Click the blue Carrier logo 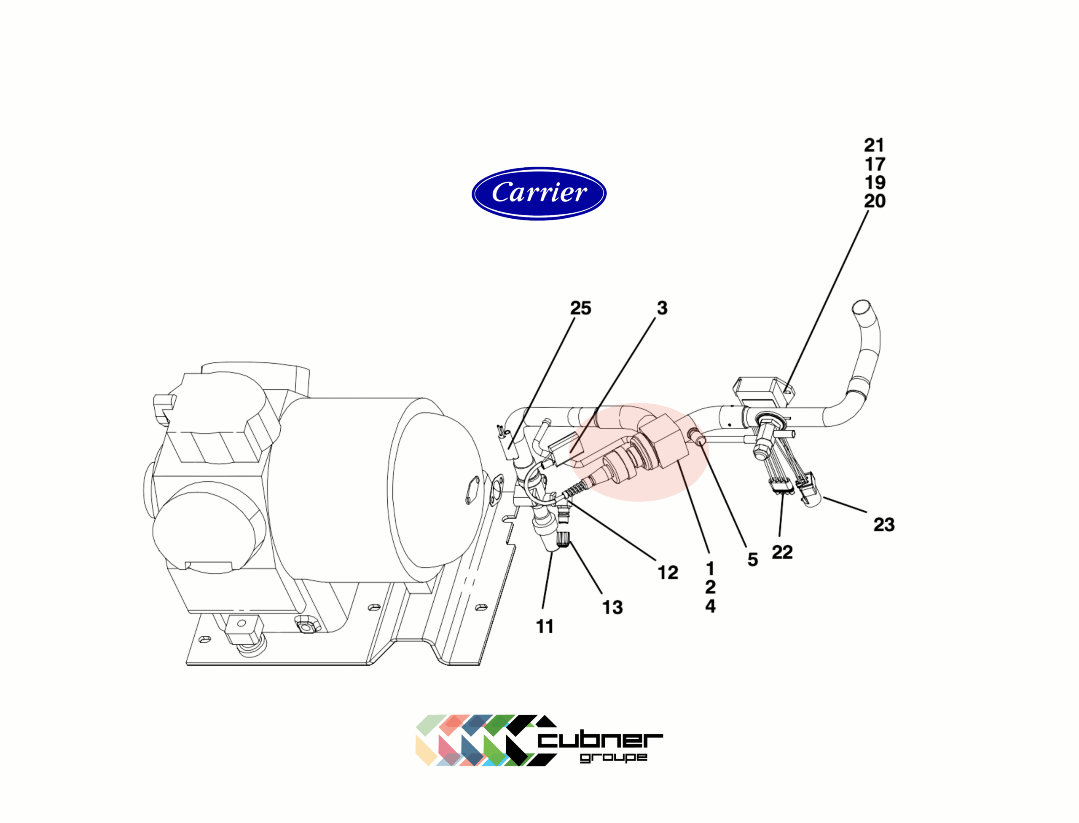(x=539, y=193)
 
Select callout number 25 (x=581, y=308)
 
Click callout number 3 (x=662, y=308)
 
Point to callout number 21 (x=874, y=145)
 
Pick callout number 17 (x=875, y=164)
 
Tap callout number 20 (x=875, y=201)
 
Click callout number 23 (x=884, y=525)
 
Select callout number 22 (x=782, y=552)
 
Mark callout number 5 (x=753, y=560)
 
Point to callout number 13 (x=612, y=608)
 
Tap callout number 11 (x=545, y=627)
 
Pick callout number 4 (x=711, y=606)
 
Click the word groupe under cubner (x=614, y=758)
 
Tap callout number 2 (x=711, y=587)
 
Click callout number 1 (x=711, y=568)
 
